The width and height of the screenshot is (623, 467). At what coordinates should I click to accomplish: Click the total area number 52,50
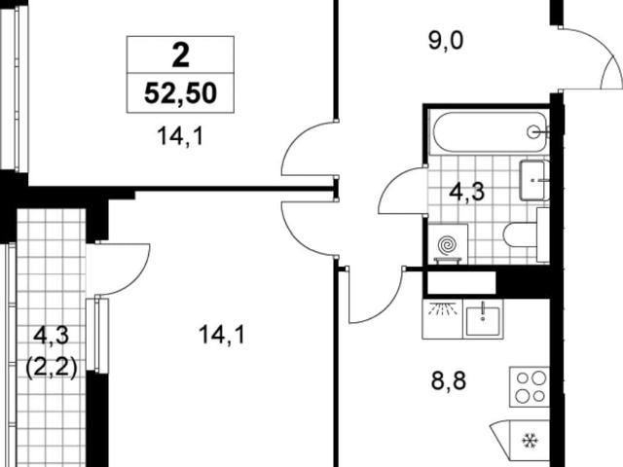(x=180, y=93)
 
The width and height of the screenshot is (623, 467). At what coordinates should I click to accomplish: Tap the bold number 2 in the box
(x=181, y=55)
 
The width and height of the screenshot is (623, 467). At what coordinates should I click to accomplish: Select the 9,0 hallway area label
(x=446, y=41)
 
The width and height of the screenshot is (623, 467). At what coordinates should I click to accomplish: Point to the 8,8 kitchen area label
(x=449, y=380)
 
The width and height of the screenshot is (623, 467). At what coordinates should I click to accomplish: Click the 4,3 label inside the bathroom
(x=467, y=192)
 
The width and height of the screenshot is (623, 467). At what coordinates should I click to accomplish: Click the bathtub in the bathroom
(x=491, y=131)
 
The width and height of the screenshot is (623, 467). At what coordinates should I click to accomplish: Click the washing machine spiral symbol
(x=448, y=245)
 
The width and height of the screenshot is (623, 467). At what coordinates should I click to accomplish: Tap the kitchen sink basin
(x=483, y=318)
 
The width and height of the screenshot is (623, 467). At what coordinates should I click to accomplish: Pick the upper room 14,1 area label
(x=180, y=136)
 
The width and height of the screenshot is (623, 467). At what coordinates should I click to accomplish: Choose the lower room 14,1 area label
(x=222, y=335)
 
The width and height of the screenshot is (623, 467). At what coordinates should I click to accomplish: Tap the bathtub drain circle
(x=533, y=131)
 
